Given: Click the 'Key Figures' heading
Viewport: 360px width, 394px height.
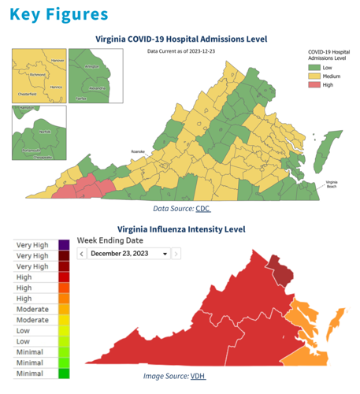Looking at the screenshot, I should [x=59, y=15].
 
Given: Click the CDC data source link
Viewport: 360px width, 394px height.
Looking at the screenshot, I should [x=203, y=209].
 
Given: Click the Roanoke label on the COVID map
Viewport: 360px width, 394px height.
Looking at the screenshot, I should [x=139, y=151].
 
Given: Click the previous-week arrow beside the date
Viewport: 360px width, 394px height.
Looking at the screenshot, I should [x=81, y=254].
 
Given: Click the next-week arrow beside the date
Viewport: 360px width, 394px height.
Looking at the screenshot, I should [x=176, y=254].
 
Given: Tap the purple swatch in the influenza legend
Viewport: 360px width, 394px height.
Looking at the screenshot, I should [x=64, y=245].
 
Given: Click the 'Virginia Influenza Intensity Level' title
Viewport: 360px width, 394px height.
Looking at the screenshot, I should [x=181, y=229].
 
